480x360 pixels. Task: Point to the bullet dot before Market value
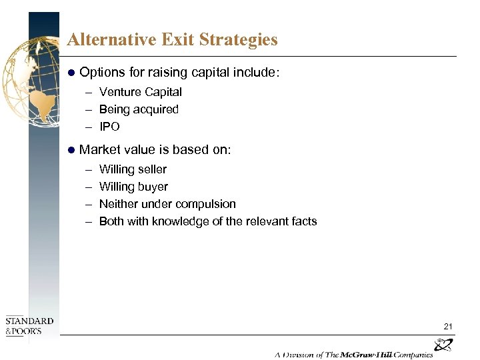coord(73,150)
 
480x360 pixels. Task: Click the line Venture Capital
coord(140,92)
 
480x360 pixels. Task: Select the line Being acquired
coord(139,109)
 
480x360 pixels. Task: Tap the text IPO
coord(109,127)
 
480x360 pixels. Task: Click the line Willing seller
coord(133,169)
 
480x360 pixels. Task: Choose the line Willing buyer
coord(133,187)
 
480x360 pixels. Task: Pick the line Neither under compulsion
coord(167,204)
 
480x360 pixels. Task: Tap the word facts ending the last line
coord(303,221)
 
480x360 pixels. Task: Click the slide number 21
coord(448,326)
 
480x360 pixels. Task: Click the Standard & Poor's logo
coord(29,326)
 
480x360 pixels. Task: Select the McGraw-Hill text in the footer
coord(377,354)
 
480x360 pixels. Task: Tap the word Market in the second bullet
coord(100,150)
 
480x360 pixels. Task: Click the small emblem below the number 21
coord(443,345)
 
